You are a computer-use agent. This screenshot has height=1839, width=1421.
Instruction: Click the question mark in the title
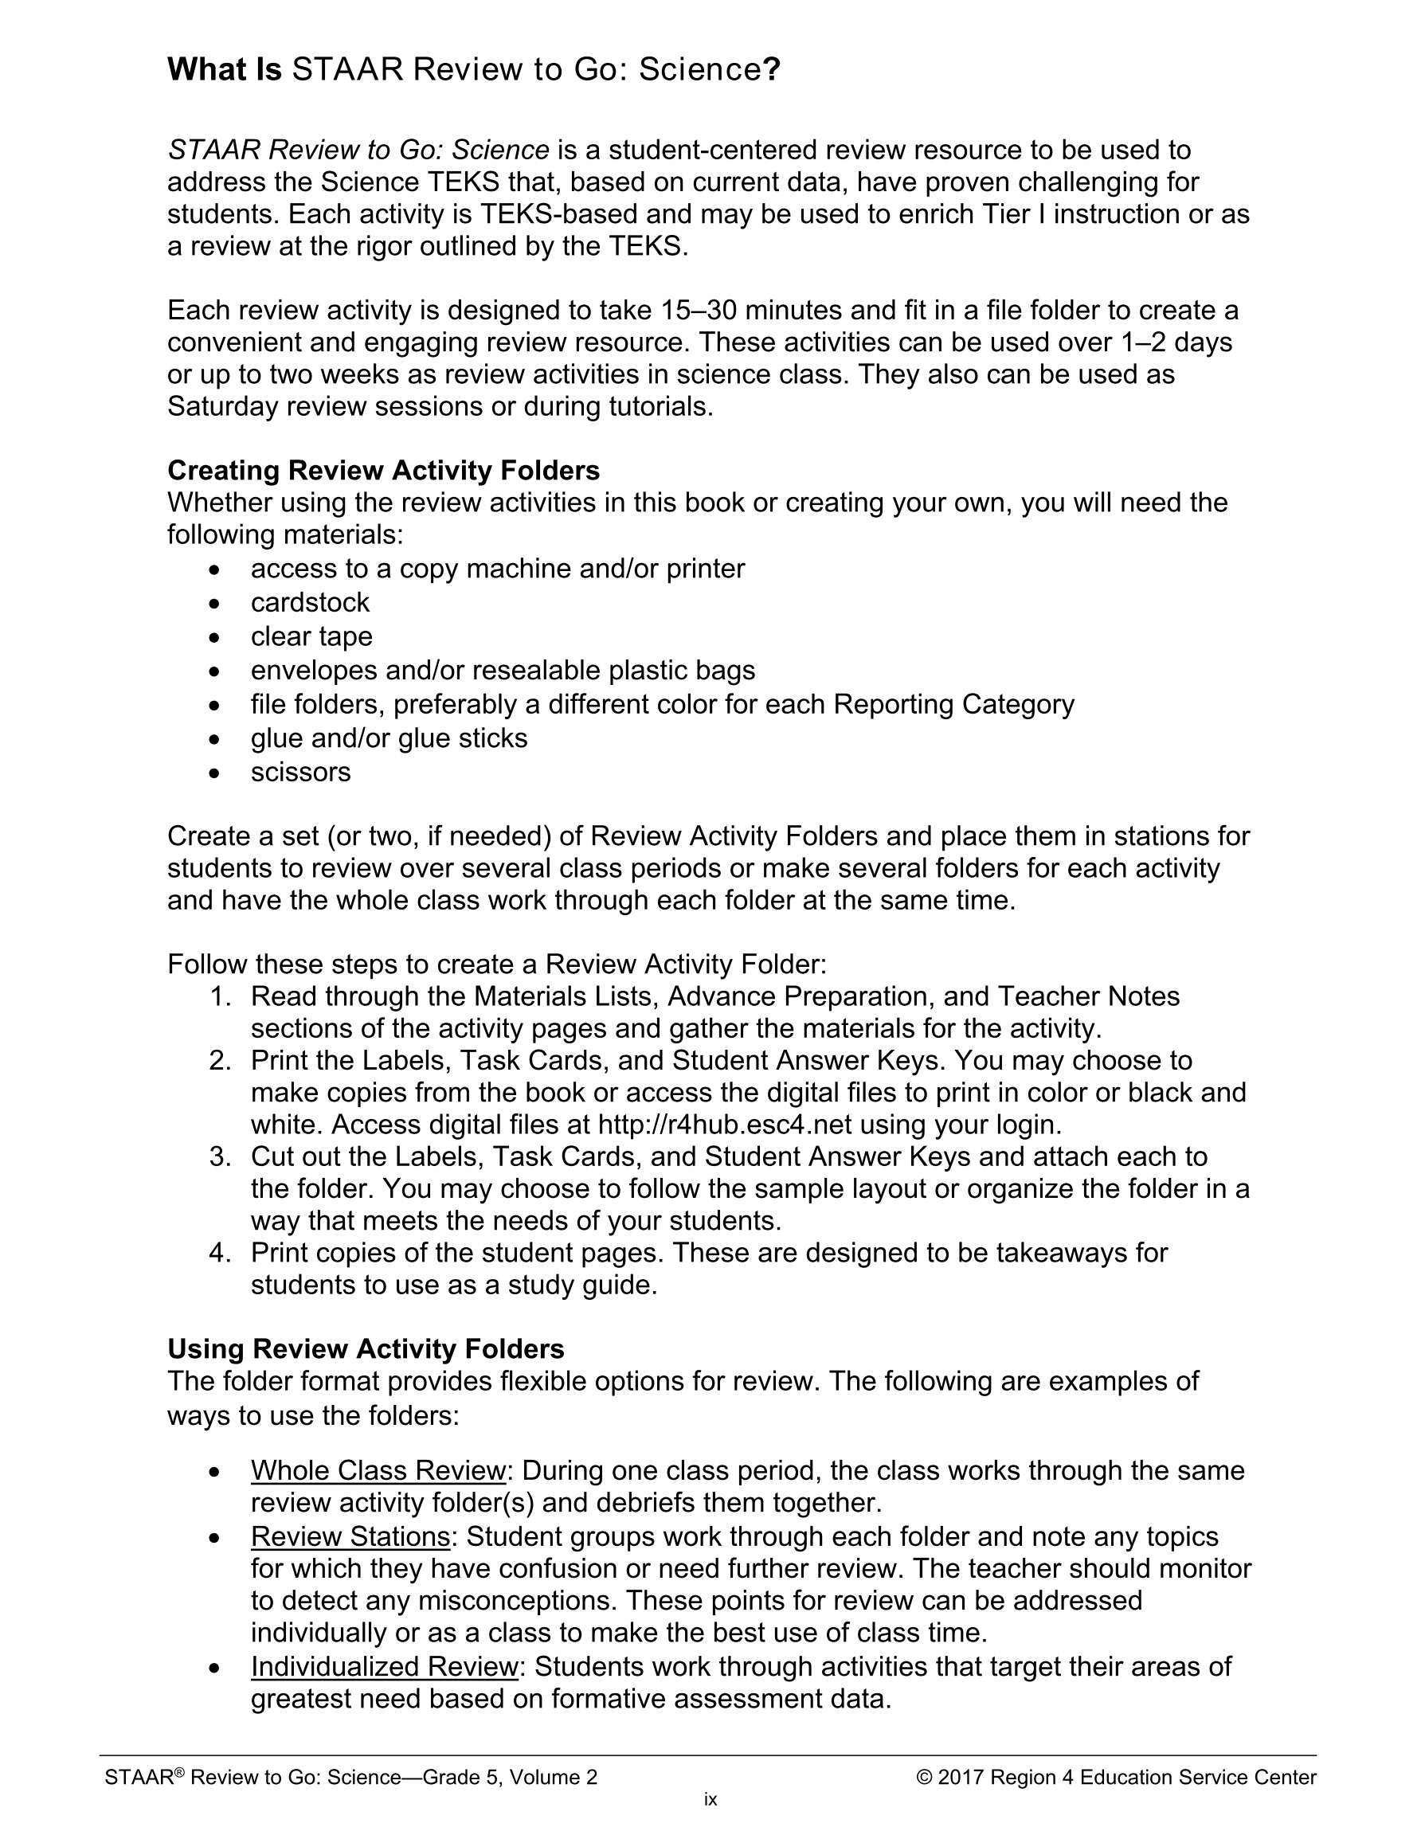772,70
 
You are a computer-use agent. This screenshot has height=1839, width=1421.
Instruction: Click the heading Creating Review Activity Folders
383,470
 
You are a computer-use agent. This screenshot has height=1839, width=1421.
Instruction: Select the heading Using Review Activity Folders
366,1349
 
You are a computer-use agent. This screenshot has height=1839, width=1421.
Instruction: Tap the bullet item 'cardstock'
310,602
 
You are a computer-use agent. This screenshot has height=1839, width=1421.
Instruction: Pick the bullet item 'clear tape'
311,636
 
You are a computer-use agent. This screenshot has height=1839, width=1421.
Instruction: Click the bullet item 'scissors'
301,771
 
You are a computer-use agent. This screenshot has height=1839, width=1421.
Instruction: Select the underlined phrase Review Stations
350,1536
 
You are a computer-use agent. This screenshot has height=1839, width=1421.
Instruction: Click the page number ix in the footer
710,1799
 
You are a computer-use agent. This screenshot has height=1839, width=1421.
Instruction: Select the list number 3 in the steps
219,1156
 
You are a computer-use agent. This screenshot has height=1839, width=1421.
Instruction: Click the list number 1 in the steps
219,996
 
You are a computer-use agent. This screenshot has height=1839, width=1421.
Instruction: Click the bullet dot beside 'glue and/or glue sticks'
217,739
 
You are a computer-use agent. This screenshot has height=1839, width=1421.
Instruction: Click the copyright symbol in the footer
924,1777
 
